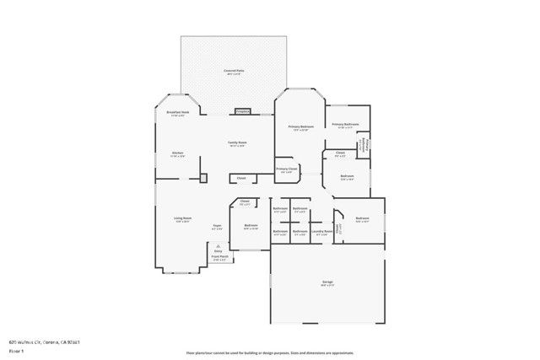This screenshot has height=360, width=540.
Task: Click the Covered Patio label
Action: [234, 70]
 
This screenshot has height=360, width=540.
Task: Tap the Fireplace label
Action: [242, 110]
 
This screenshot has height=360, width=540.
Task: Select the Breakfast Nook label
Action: [177, 112]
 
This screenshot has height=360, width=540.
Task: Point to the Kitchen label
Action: [178, 153]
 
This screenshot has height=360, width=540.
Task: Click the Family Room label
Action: [237, 143]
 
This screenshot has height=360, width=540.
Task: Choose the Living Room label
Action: [182, 219]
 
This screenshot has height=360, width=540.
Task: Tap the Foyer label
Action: [217, 225]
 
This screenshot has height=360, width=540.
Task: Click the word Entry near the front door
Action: [218, 251]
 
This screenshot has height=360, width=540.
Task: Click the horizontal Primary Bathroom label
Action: [345, 125]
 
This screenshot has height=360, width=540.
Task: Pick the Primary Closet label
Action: [287, 169]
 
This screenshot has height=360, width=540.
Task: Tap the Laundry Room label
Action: [321, 231]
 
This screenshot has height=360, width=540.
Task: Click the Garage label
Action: [327, 282]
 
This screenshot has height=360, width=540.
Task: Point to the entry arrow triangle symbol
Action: [218, 244]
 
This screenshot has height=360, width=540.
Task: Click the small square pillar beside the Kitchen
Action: [203, 178]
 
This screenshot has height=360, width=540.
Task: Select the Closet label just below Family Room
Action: [241, 178]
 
